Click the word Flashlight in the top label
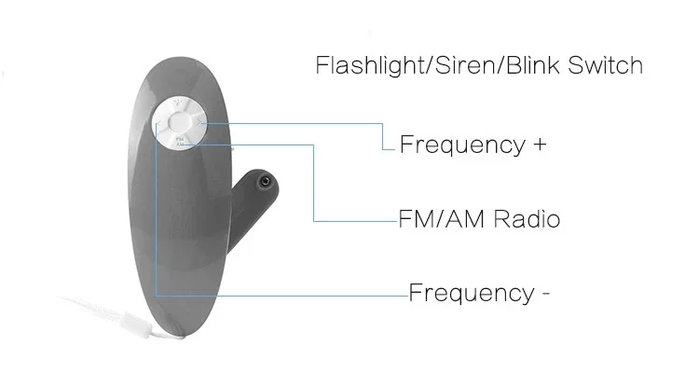(358, 66)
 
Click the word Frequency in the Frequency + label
(460, 145)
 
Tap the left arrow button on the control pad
(162, 120)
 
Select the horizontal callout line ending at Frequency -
(280, 295)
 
